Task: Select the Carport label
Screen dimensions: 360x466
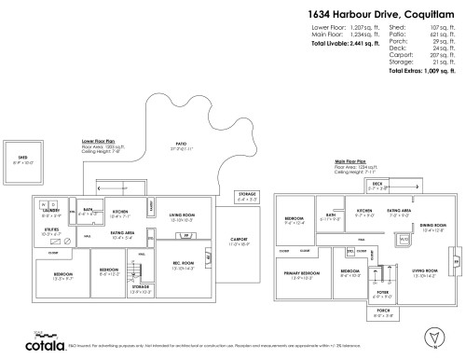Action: [239, 242]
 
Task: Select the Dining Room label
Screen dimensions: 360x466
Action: [407, 227]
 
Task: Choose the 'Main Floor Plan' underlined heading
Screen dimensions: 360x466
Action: [351, 159]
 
